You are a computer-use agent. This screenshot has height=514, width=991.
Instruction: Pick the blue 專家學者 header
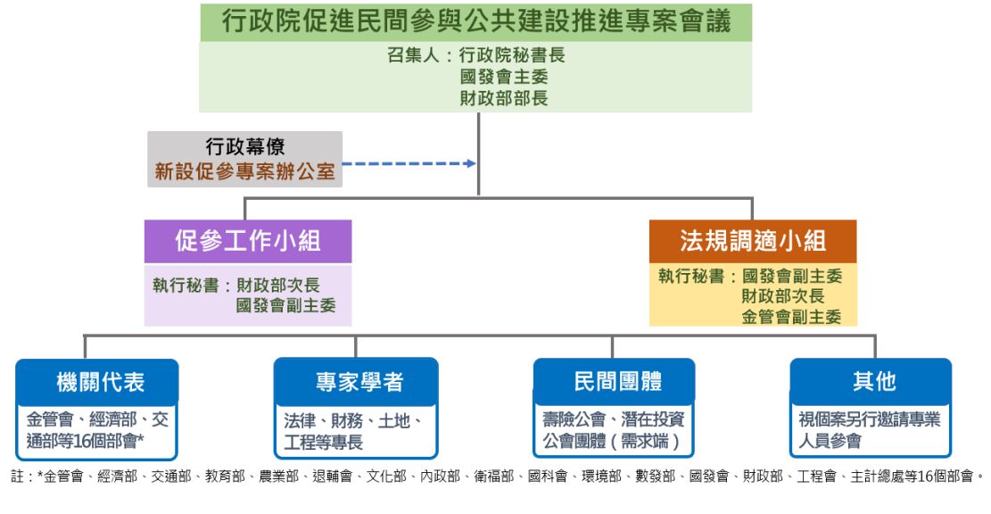tap(355, 382)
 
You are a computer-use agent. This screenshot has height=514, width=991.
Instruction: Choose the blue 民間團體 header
tap(612, 382)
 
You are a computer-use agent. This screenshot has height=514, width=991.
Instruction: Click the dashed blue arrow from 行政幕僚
tap(410, 163)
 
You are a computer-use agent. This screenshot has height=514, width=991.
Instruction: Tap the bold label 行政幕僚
tap(245, 146)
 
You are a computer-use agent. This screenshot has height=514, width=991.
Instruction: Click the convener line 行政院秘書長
tap(512, 55)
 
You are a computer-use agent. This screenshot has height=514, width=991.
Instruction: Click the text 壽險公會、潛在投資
tap(612, 419)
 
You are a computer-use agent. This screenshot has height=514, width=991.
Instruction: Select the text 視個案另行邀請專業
tap(869, 419)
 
